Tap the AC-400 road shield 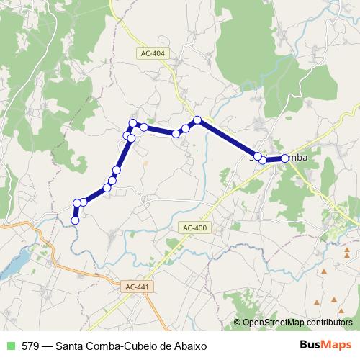194,228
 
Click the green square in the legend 9,346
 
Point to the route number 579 31,346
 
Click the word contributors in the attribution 328,323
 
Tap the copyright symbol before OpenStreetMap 237,323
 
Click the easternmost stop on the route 284,158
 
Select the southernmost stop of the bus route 75,220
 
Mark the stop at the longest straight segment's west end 197,120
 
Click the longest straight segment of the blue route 227,138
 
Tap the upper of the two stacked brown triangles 348,248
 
